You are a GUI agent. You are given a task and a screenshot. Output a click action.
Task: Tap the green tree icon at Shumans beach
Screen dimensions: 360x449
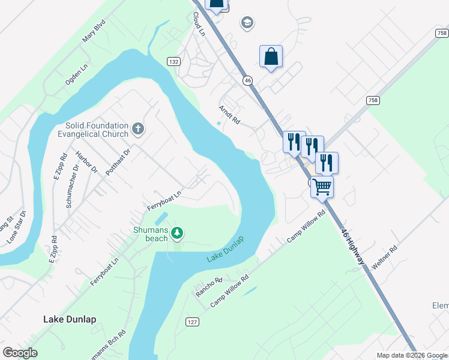tap(177, 232)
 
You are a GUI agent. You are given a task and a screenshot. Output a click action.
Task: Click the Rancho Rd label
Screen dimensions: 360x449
tap(209, 287)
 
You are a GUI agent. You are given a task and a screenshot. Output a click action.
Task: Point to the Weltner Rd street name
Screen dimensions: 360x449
tap(385, 257)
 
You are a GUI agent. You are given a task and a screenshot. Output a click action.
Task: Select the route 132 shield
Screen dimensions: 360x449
tap(173, 62)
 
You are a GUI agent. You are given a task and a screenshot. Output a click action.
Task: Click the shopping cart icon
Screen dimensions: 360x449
tap(322, 187)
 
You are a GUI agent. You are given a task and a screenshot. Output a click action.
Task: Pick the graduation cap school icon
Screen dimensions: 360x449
tap(247, 23)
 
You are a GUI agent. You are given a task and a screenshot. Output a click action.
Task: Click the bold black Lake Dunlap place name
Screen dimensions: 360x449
tap(70, 319)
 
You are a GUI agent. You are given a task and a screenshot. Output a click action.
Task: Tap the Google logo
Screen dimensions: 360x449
tap(20, 353)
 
